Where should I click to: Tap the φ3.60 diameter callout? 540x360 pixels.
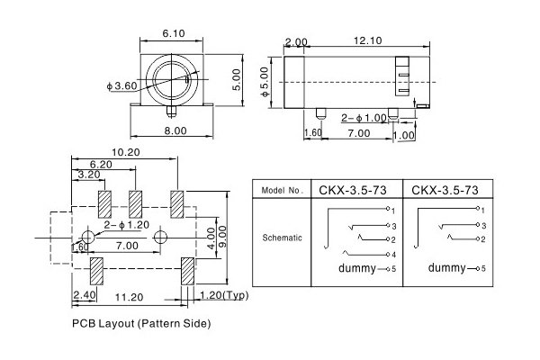121,85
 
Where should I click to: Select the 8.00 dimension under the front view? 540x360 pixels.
175,130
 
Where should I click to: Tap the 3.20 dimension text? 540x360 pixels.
89,175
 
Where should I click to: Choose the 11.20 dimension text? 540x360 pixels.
131,296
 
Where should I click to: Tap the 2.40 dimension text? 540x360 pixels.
84,294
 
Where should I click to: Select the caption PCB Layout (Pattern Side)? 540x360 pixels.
142,322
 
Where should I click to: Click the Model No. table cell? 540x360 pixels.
282,191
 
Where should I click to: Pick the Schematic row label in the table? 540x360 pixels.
282,238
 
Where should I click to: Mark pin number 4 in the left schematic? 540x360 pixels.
393,256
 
